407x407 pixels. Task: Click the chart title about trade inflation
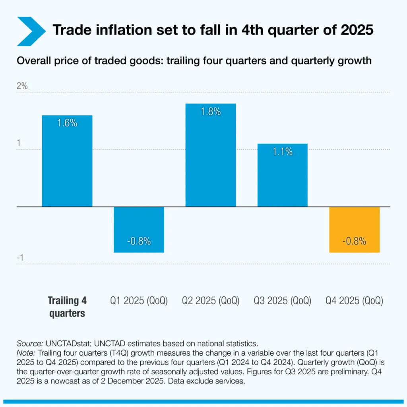(x=213, y=30)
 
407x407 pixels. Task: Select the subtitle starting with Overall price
(x=194, y=61)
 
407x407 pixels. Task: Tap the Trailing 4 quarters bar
(x=67, y=161)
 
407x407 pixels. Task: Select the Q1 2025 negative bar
(x=139, y=229)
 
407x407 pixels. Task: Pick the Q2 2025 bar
(x=211, y=155)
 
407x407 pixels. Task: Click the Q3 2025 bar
(x=283, y=175)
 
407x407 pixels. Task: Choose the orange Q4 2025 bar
(x=355, y=229)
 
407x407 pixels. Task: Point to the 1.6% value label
(x=67, y=123)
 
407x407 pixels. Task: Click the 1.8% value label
(x=211, y=112)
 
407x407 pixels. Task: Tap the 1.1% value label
(x=283, y=152)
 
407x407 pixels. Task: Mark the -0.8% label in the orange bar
(x=355, y=241)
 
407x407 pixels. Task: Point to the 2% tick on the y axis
(x=22, y=86)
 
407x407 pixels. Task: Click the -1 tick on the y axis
(x=21, y=258)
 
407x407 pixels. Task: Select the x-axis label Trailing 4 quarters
(x=67, y=307)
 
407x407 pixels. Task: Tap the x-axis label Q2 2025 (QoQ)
(x=211, y=301)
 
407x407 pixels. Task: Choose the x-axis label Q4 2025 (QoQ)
(x=355, y=301)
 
